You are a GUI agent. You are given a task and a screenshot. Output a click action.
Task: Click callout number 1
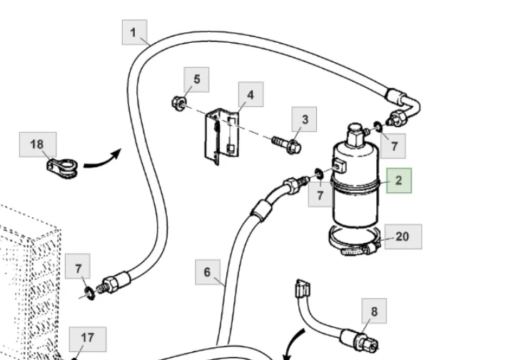pyautogui.click(x=133, y=32)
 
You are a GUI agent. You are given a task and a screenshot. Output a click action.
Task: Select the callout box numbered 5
pyautogui.click(x=196, y=79)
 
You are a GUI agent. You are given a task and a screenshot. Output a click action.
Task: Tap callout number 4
pyautogui.click(x=251, y=94)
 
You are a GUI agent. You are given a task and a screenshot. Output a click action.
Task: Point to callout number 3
pyautogui.click(x=305, y=119)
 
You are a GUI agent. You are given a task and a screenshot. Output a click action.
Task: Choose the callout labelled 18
pyautogui.click(x=37, y=144)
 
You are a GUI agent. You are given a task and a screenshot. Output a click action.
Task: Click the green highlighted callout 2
pyautogui.click(x=399, y=181)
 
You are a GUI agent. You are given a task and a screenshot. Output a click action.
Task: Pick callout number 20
pyautogui.click(x=403, y=236)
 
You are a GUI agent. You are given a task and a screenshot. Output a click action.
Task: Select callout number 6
pyautogui.click(x=207, y=272)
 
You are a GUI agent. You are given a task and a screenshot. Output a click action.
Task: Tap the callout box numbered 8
pyautogui.click(x=374, y=311)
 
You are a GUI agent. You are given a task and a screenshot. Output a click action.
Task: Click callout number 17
pyautogui.click(x=87, y=338)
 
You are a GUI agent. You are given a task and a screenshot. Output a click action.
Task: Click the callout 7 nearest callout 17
pyautogui.click(x=79, y=269)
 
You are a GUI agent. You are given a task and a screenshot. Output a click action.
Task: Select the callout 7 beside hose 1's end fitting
pyautogui.click(x=393, y=146)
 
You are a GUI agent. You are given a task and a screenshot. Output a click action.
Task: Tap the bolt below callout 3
pyautogui.click(x=287, y=145)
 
